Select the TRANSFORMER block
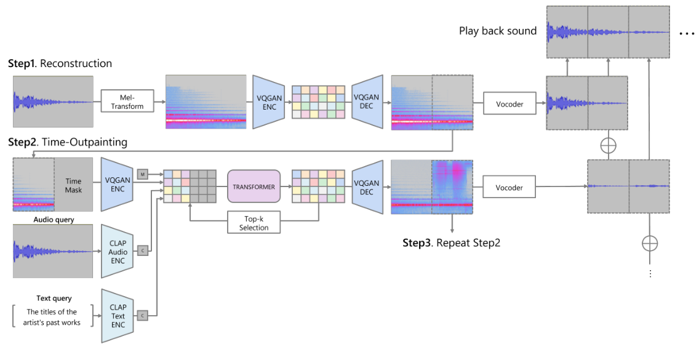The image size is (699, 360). [x=254, y=186]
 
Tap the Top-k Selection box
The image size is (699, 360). [x=254, y=223]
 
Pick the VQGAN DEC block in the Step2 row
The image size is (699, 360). [x=366, y=186]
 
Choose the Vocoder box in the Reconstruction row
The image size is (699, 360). [x=509, y=104]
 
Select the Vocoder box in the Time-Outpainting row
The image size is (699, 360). [x=509, y=187]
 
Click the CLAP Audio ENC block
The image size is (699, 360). [x=118, y=252]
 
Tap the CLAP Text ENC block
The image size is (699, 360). [x=118, y=316]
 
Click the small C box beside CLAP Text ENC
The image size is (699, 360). [x=143, y=316]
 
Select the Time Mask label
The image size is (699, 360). [x=73, y=185]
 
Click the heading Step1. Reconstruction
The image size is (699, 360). [x=60, y=63]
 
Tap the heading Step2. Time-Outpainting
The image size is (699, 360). [x=68, y=142]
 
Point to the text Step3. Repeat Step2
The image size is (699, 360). [x=451, y=242]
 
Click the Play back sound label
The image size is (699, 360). [x=497, y=31]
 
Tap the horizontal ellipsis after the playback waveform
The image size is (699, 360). [x=686, y=33]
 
